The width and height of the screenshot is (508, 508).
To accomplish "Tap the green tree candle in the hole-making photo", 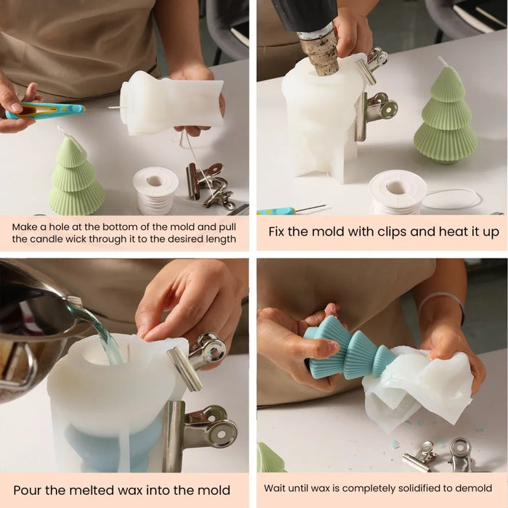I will [76, 177].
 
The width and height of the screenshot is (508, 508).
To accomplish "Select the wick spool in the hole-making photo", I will [155, 190].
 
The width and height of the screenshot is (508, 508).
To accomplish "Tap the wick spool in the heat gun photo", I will [397, 193].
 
